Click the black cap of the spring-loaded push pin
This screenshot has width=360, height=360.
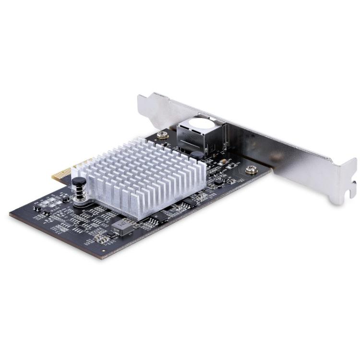79,181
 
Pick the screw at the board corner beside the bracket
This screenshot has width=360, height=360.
251,169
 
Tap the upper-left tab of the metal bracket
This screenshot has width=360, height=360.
143,103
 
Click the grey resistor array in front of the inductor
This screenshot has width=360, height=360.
101,237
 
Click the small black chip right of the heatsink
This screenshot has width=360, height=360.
218,181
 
